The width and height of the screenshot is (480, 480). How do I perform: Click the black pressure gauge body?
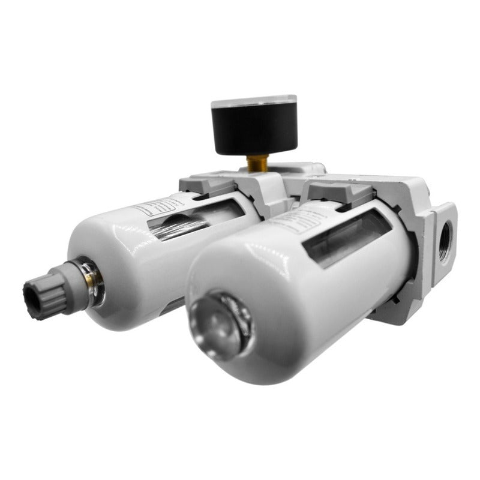255,129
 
